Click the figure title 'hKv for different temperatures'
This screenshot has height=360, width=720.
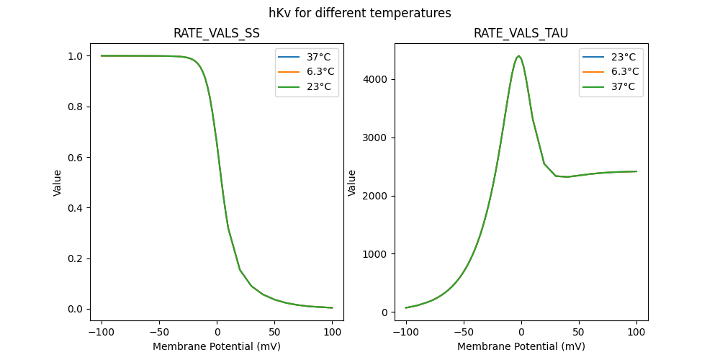pyautogui.click(x=360, y=13)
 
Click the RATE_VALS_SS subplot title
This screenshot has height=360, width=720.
pyautogui.click(x=217, y=33)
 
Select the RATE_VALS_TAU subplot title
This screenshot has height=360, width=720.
pyautogui.click(x=521, y=33)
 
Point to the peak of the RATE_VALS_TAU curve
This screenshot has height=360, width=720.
pyautogui.click(x=519, y=55)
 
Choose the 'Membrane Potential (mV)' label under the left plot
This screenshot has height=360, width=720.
pyautogui.click(x=217, y=346)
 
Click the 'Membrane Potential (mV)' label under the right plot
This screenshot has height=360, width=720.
pyautogui.click(x=521, y=346)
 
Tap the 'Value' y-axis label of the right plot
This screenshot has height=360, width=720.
pyautogui.click(x=352, y=182)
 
